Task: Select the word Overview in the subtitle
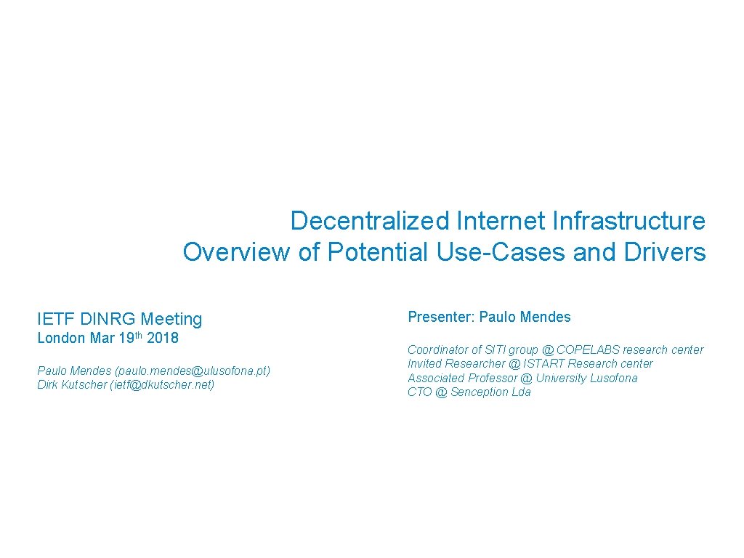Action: click(236, 252)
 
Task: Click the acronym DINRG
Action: click(108, 318)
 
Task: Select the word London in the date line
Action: click(61, 338)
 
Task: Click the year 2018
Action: click(163, 338)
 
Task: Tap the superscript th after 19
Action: click(139, 335)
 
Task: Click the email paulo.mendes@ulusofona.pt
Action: click(193, 371)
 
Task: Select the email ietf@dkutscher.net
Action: click(162, 384)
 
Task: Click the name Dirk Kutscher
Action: click(71, 384)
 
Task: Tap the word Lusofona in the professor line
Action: click(613, 378)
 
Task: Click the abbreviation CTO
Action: click(419, 392)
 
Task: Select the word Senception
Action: click(480, 392)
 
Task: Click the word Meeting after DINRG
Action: click(171, 318)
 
